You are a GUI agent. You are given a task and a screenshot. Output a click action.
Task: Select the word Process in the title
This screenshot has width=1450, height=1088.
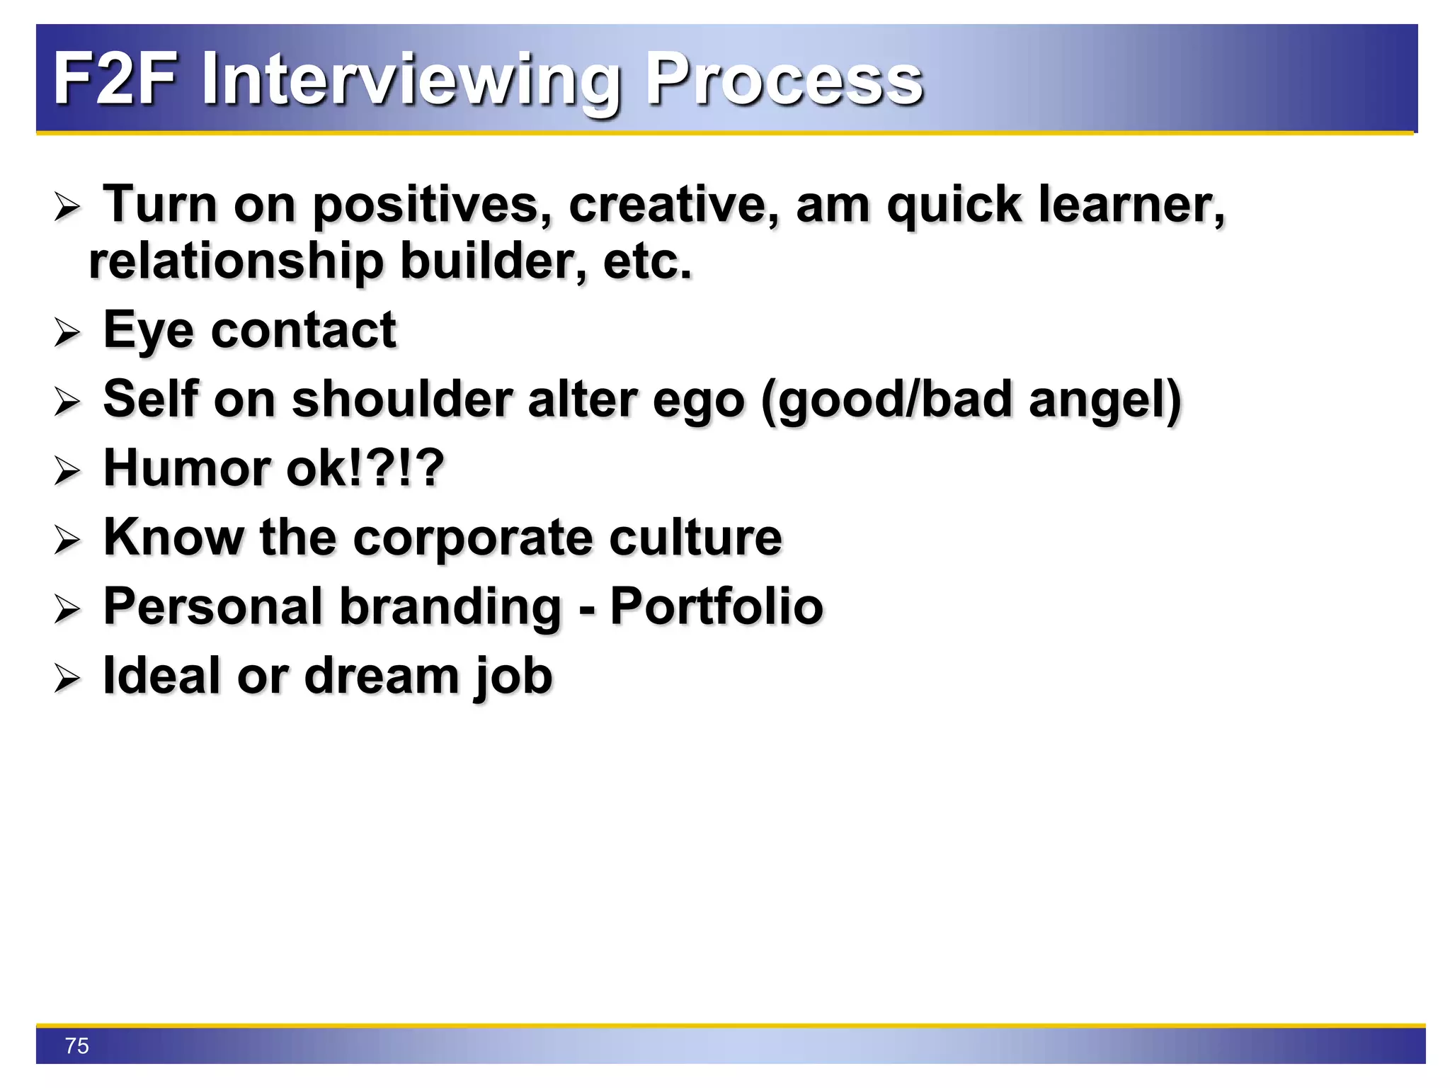coord(784,79)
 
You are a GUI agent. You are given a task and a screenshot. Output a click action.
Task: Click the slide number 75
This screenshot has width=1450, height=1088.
coord(76,1045)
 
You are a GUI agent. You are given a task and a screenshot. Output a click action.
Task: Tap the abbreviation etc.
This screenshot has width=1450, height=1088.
coord(647,262)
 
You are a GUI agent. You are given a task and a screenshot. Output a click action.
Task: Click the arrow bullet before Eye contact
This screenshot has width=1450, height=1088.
coord(67,332)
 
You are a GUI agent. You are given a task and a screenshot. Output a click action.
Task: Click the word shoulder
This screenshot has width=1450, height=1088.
coord(401,399)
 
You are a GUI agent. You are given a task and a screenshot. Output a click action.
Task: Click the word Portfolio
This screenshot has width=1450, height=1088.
coord(717,607)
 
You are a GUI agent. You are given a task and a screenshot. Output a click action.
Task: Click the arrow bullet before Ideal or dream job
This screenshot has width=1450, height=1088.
coord(67,679)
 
